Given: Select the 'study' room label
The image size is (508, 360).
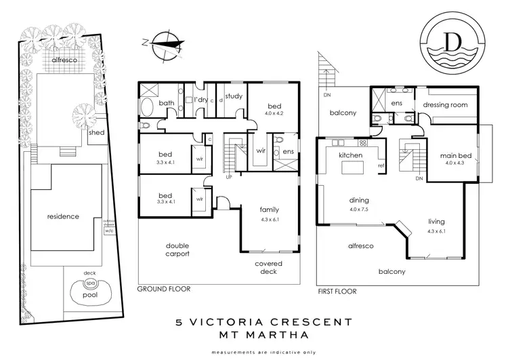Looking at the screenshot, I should [x=234, y=96].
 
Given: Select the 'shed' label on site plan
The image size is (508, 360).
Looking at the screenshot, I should [x=97, y=132].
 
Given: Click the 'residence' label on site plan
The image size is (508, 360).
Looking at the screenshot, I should [x=63, y=217].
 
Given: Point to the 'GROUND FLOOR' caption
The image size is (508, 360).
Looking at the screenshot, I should [x=163, y=289].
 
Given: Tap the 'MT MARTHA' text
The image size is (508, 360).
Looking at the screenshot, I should [x=253, y=335].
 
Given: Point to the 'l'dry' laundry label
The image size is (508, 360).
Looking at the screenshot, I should [x=200, y=100].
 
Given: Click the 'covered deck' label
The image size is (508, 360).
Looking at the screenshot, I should [x=268, y=268].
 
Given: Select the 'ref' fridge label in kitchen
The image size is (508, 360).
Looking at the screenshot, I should [x=381, y=165].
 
